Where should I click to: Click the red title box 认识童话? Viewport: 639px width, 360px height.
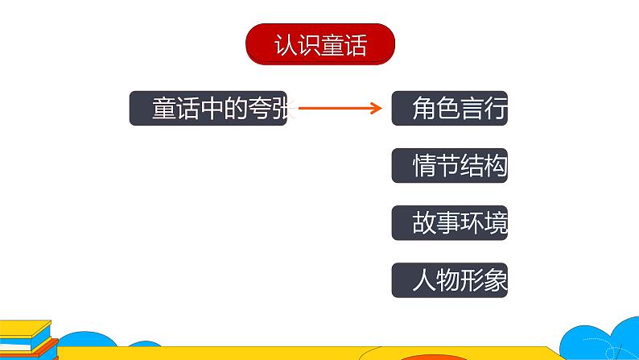pyautogui.click(x=319, y=44)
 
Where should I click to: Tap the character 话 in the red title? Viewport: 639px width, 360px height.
pyautogui.click(x=354, y=45)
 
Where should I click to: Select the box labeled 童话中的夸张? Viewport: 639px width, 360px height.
pyautogui.click(x=208, y=108)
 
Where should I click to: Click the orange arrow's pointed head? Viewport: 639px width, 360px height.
pyautogui.click(x=377, y=108)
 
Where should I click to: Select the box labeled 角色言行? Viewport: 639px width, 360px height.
pyautogui.click(x=449, y=108)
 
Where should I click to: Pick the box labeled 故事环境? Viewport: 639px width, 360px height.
pyautogui.click(x=449, y=223)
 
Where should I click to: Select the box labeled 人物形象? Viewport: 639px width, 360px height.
pyautogui.click(x=449, y=280)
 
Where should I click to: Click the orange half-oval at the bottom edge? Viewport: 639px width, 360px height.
pyautogui.click(x=435, y=356)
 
